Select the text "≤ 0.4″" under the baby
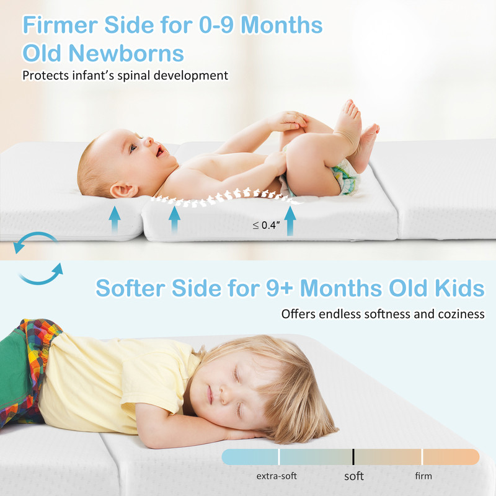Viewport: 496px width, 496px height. pos(266,226)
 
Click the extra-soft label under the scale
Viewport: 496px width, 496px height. pos(277,476)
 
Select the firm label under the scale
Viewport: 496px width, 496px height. pos(423,476)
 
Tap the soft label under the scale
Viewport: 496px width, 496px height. pos(354,476)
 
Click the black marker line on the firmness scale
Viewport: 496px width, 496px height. pos(353,457)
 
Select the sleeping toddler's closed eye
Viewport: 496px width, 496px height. pos(234,374)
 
